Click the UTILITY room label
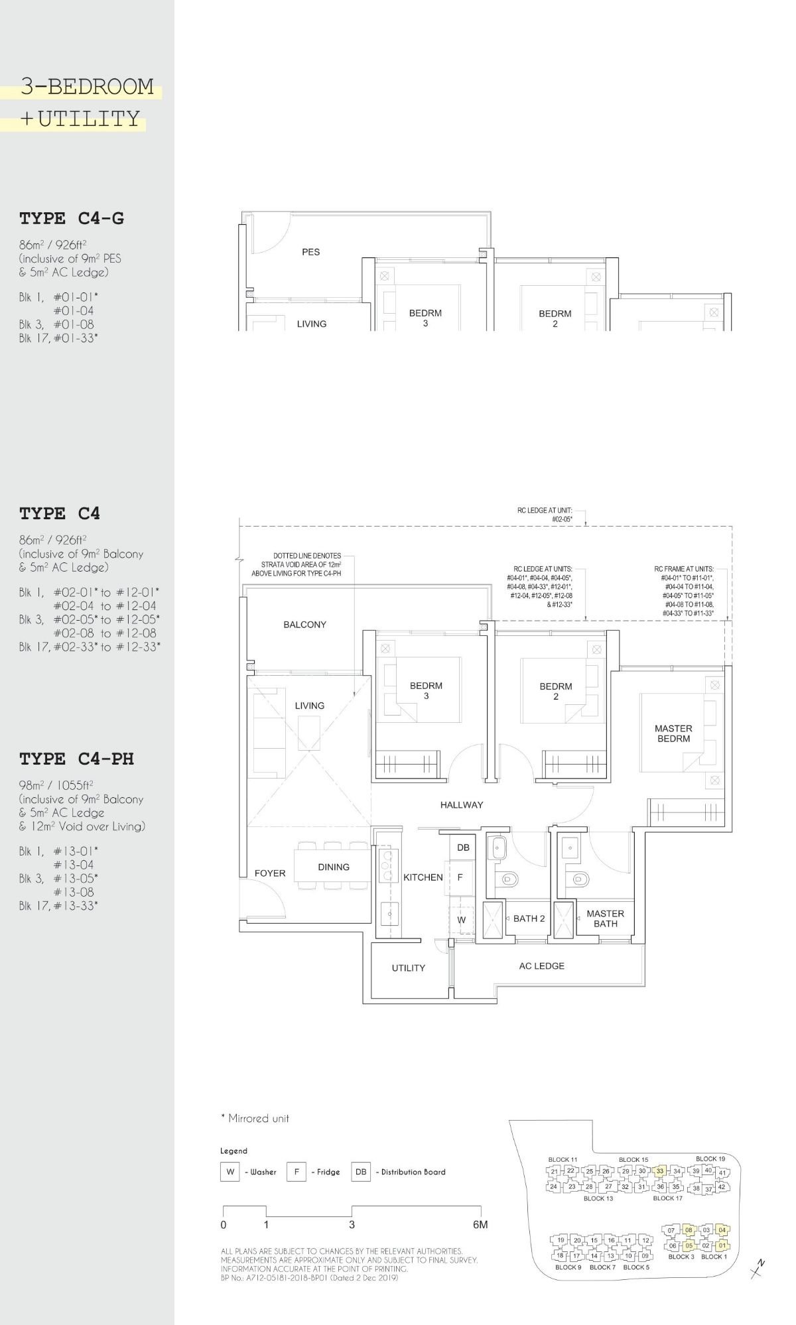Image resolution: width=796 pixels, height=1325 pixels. (x=408, y=968)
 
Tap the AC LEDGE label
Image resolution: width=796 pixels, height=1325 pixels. (x=541, y=966)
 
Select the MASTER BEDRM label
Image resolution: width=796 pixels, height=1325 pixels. (x=673, y=733)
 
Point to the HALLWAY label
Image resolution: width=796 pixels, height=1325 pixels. (x=462, y=804)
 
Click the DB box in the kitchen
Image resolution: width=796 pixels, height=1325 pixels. (x=463, y=848)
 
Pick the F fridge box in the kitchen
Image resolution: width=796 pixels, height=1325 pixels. (x=460, y=877)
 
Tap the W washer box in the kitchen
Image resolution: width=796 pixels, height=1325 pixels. (x=461, y=920)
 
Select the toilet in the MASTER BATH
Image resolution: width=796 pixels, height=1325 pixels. (x=582, y=879)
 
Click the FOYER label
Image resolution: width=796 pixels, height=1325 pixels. (x=270, y=873)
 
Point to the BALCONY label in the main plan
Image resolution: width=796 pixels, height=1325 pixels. (x=304, y=624)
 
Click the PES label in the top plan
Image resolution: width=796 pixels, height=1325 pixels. (x=310, y=252)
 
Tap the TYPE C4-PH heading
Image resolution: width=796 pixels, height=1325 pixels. (x=76, y=759)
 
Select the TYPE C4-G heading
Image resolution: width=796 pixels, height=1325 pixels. (x=72, y=218)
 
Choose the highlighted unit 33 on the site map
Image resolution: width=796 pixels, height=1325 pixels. (x=659, y=1171)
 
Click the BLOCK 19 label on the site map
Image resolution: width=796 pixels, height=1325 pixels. (x=710, y=1159)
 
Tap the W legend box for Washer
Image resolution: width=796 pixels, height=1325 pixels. (x=230, y=1172)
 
